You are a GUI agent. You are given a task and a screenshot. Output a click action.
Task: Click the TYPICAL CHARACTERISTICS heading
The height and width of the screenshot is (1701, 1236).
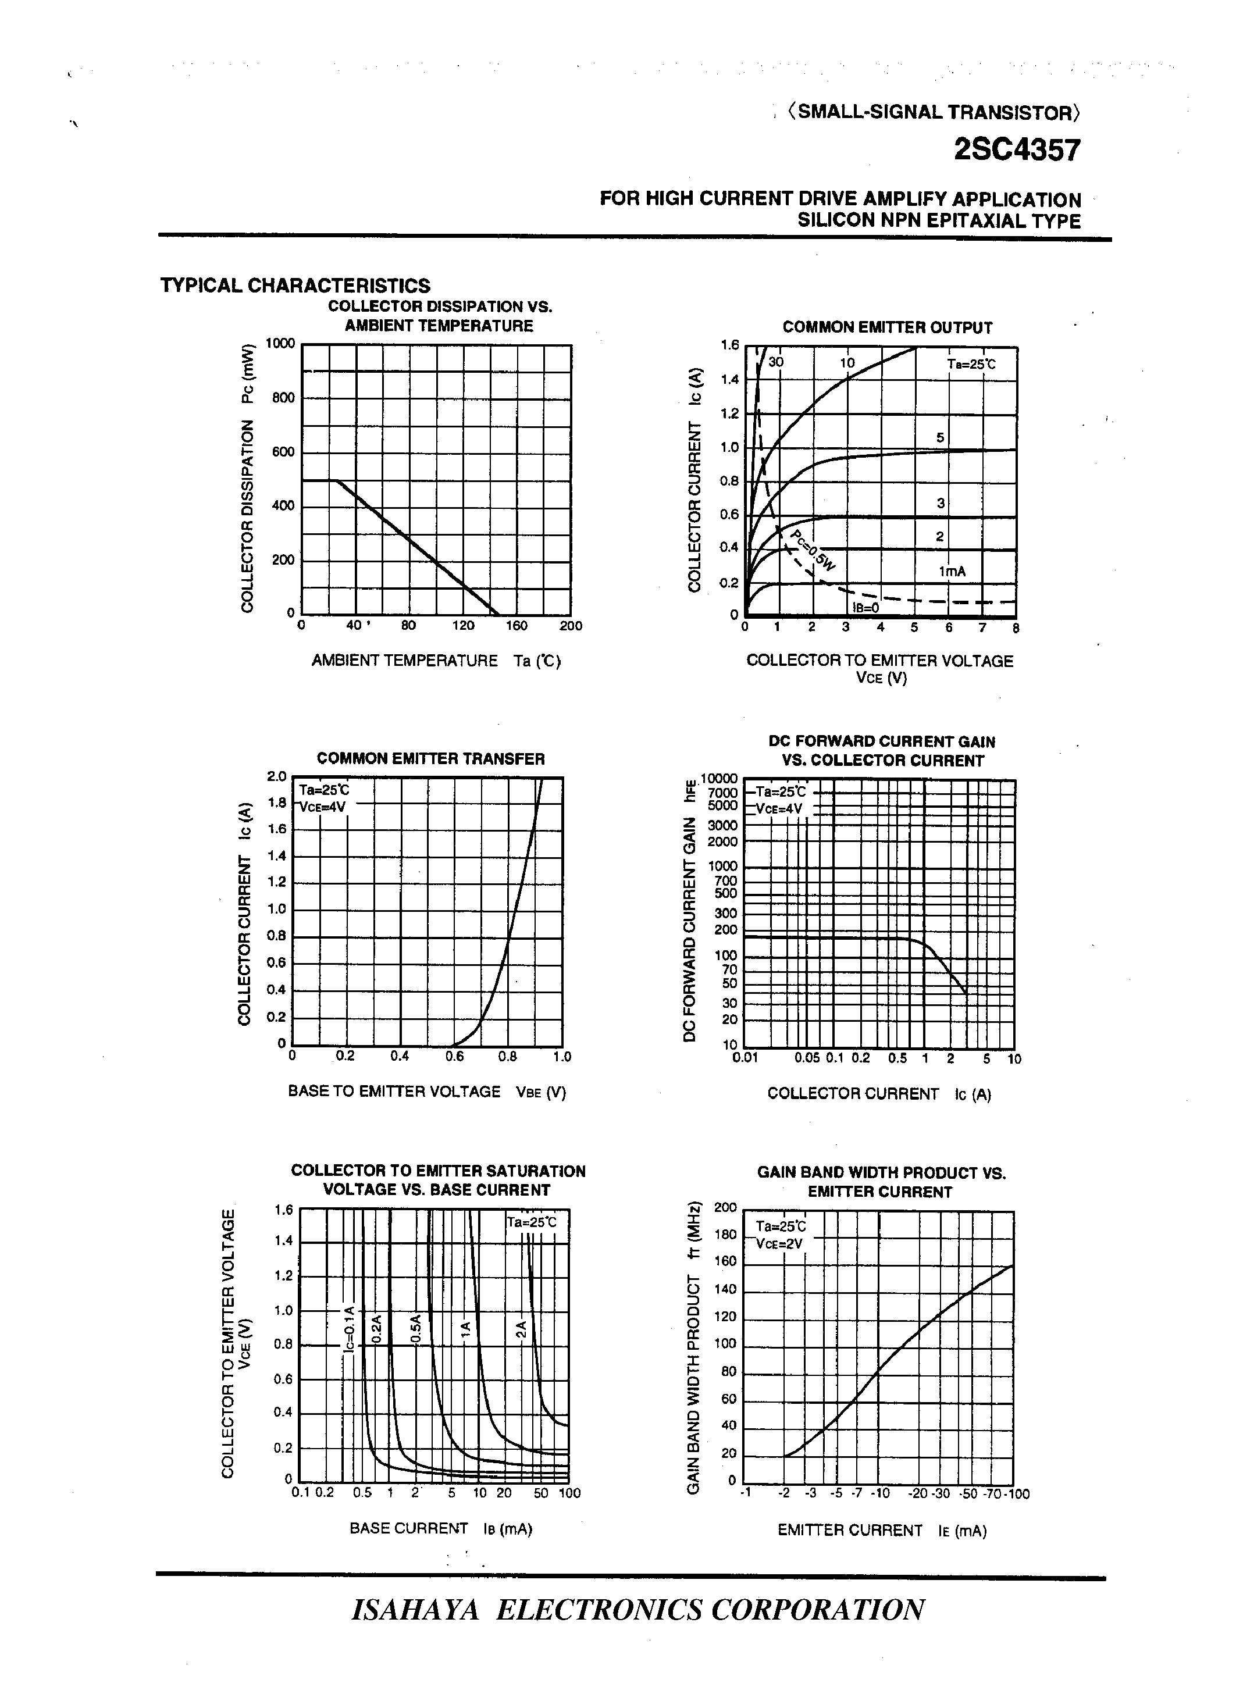pos(295,286)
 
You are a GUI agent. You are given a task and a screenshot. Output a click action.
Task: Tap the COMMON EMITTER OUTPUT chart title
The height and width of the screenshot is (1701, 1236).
pos(886,328)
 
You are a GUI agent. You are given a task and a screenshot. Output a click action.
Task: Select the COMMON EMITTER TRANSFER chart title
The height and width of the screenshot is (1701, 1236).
pos(430,758)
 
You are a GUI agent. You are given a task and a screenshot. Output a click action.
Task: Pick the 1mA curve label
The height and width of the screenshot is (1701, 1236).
pos(951,572)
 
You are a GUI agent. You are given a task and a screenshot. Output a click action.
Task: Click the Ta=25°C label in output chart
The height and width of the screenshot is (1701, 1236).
pos(971,365)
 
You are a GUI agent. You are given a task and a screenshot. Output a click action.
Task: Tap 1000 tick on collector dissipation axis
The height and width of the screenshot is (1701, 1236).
pos(280,344)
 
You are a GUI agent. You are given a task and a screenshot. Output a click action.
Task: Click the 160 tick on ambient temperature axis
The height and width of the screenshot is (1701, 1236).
pos(516,626)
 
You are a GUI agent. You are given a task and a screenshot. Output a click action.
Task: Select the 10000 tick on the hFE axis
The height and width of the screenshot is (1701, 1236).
pos(718,779)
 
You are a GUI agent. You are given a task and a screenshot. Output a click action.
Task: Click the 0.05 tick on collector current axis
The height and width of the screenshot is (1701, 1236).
pos(807,1058)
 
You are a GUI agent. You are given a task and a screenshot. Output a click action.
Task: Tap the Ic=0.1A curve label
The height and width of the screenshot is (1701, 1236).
pos(348,1329)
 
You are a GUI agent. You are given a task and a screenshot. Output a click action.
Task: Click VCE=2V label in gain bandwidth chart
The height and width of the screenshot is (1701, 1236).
pos(779,1243)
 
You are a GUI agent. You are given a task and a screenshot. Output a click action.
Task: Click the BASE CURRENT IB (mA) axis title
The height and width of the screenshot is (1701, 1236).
pos(440,1528)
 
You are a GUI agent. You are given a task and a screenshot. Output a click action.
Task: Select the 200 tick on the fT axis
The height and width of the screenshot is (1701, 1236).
pos(725,1207)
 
